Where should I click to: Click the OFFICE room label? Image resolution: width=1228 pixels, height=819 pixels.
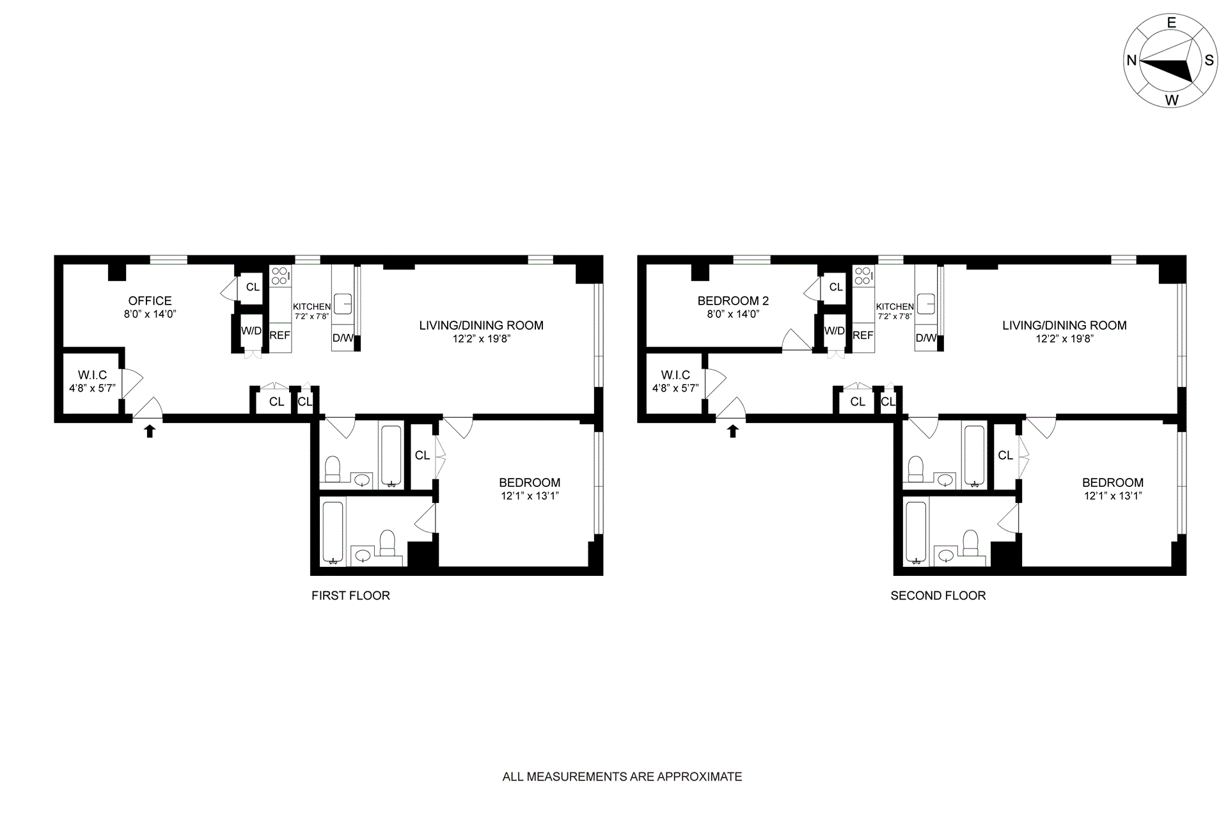[x=150, y=301]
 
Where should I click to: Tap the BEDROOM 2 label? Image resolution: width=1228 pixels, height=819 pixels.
[x=733, y=301]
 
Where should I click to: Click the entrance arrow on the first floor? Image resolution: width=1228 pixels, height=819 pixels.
[x=150, y=431]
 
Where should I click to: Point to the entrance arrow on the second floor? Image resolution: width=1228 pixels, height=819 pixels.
[x=733, y=431]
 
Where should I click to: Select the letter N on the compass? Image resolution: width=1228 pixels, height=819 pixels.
[x=1131, y=60]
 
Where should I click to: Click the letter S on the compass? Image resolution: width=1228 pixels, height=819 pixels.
[x=1209, y=60]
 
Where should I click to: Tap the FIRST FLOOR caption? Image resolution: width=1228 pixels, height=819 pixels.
[x=350, y=596]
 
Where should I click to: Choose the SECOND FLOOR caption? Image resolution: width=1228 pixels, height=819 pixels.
[x=938, y=596]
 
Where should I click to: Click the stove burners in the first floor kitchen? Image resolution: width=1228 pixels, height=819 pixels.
[x=279, y=276]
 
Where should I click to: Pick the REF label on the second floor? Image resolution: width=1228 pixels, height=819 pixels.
[x=863, y=335]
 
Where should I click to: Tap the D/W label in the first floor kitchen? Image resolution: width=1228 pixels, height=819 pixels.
[x=343, y=338]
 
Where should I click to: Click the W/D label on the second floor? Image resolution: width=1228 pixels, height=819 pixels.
[x=835, y=331]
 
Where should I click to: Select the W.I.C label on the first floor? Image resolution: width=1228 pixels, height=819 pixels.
[x=93, y=375]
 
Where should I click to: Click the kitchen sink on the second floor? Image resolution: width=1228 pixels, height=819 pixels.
[x=926, y=304]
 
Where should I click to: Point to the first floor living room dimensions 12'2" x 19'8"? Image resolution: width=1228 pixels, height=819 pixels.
[x=481, y=339]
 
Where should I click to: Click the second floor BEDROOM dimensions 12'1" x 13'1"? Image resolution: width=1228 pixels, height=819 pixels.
[x=1113, y=496]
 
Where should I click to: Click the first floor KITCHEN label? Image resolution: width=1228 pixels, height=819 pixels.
[x=311, y=307]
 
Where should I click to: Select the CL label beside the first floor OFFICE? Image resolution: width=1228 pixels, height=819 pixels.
[x=253, y=287]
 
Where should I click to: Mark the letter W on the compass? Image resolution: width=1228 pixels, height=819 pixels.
[x=1172, y=100]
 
